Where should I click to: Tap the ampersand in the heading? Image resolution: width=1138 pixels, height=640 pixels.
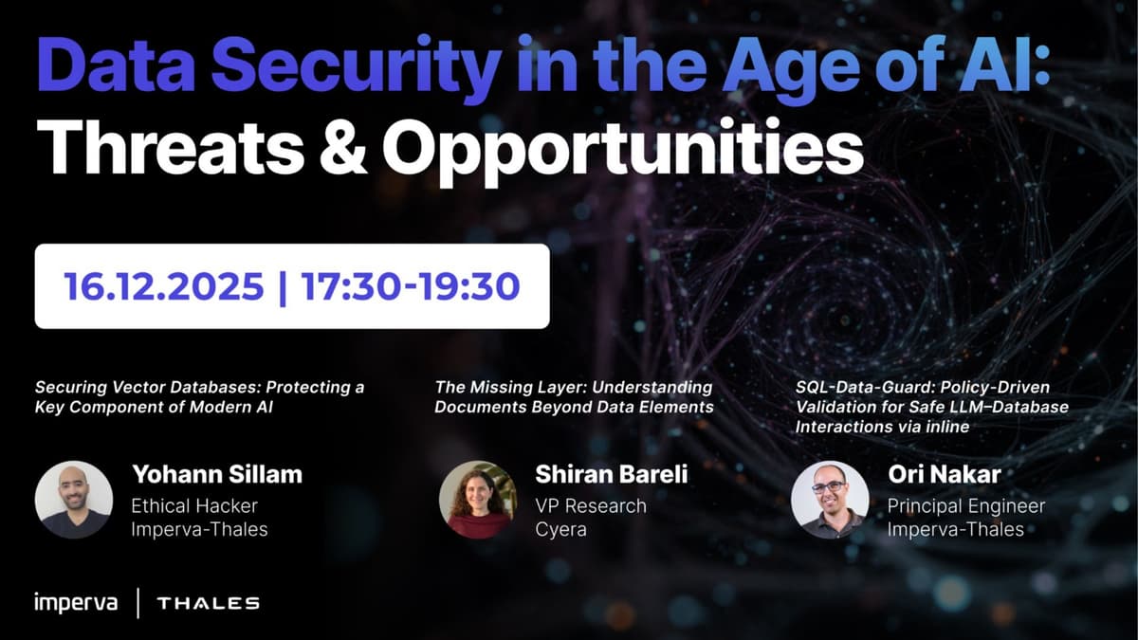340,146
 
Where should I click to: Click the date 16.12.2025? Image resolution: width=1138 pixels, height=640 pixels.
164,285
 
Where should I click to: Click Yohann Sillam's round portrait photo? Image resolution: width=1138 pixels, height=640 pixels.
74,500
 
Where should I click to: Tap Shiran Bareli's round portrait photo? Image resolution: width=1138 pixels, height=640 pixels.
478,500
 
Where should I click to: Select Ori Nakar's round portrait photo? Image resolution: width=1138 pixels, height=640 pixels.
830,500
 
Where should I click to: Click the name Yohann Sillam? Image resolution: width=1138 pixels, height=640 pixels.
216,473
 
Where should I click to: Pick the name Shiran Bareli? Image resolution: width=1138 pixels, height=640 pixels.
611,473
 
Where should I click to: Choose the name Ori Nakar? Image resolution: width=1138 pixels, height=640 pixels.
945,473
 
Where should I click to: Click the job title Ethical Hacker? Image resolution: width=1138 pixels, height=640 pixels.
194,505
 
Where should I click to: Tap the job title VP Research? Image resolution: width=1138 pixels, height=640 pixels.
590,505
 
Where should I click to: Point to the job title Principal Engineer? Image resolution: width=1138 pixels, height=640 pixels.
965,505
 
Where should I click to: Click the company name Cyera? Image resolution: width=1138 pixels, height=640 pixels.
560,529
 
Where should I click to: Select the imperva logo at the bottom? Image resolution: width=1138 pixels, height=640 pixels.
76,602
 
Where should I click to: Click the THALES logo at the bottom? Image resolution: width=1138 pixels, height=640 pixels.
208,603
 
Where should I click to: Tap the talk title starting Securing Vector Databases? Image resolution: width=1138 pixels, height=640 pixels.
199,396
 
